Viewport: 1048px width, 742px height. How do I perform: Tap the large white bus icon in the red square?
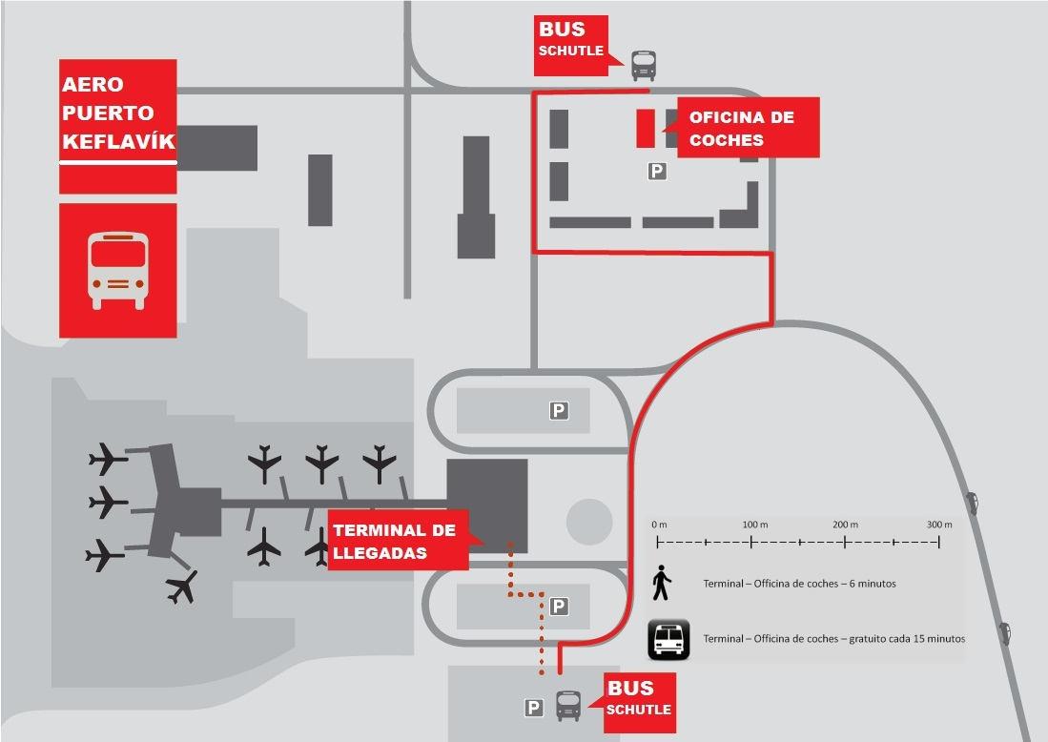118,270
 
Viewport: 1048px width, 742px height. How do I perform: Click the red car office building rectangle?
646,128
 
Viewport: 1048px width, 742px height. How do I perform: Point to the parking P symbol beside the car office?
656,171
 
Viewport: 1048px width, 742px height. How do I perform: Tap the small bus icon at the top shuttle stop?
644,65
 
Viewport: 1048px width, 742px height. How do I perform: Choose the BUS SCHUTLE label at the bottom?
639,699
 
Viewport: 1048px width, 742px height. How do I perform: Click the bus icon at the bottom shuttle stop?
568,706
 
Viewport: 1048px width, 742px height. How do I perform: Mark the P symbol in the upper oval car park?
558,410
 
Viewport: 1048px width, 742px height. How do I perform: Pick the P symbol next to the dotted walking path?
559,606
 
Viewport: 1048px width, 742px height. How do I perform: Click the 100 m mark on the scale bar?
753,542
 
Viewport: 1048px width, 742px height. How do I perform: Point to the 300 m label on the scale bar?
939,525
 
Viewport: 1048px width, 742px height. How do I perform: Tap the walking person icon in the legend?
662,583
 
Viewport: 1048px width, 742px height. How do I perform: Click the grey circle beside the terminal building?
589,522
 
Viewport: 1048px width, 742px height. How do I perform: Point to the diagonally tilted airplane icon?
181,586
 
